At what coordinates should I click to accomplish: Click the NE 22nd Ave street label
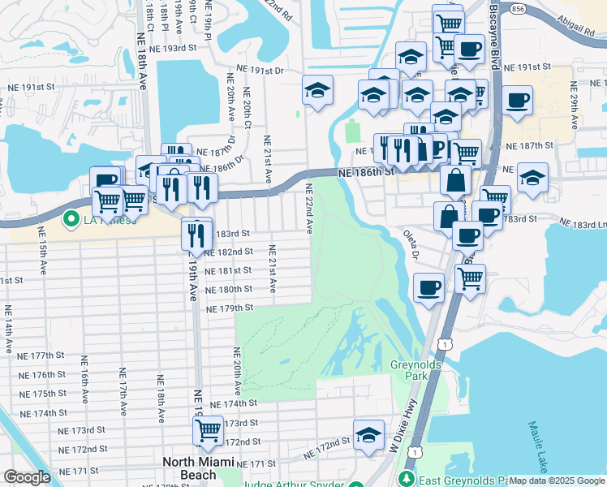(309, 209)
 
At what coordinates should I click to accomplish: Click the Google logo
(27, 477)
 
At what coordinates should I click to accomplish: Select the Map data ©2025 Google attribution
(556, 481)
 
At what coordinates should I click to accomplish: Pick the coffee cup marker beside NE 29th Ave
(517, 101)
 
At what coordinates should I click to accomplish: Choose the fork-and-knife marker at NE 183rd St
(196, 234)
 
